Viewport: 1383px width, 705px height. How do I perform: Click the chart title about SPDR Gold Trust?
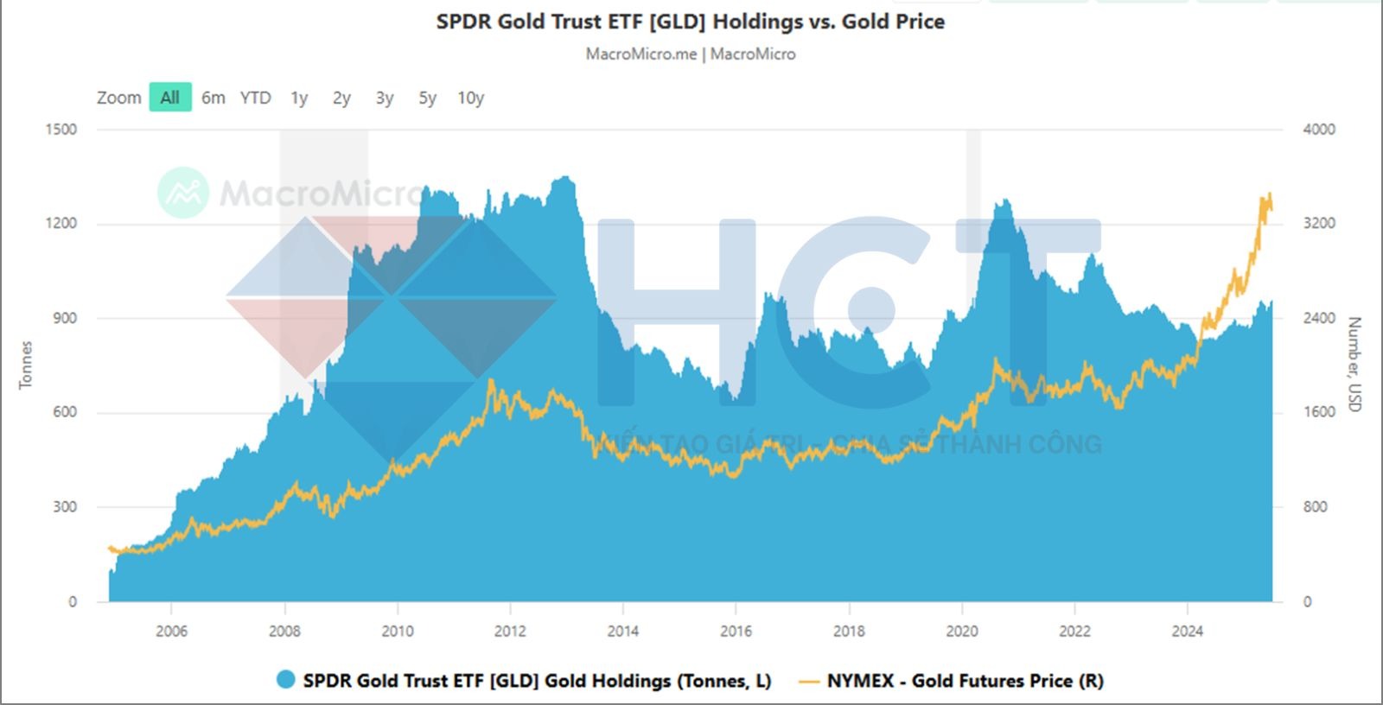coord(690,22)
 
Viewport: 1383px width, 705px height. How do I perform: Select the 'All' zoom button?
coord(170,98)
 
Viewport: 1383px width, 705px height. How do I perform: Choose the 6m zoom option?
coord(213,98)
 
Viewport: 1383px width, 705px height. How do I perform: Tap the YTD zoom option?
coord(255,98)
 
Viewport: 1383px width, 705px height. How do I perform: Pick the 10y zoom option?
coord(470,98)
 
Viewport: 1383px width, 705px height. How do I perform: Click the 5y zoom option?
coord(427,98)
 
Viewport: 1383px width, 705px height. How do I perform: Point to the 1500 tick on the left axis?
coord(61,130)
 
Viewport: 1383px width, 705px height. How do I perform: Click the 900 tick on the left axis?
coord(65,318)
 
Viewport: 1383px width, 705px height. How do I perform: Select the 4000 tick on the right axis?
coord(1318,130)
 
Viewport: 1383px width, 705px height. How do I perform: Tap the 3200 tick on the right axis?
coord(1318,224)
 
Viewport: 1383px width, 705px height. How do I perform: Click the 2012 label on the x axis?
coord(510,631)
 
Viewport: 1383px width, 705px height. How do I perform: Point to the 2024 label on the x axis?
coord(1187,631)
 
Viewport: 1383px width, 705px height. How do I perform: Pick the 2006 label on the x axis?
coord(171,631)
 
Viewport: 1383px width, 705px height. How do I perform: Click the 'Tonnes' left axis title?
coord(26,365)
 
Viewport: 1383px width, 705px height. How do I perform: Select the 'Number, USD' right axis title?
coord(1354,365)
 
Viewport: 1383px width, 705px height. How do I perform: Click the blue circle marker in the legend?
coord(285,680)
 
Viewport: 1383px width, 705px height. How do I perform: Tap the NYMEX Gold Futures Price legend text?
coord(965,681)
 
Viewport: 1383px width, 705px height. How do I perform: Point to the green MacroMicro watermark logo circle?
coord(183,192)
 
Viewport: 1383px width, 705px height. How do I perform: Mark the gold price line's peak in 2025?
coord(1269,194)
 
